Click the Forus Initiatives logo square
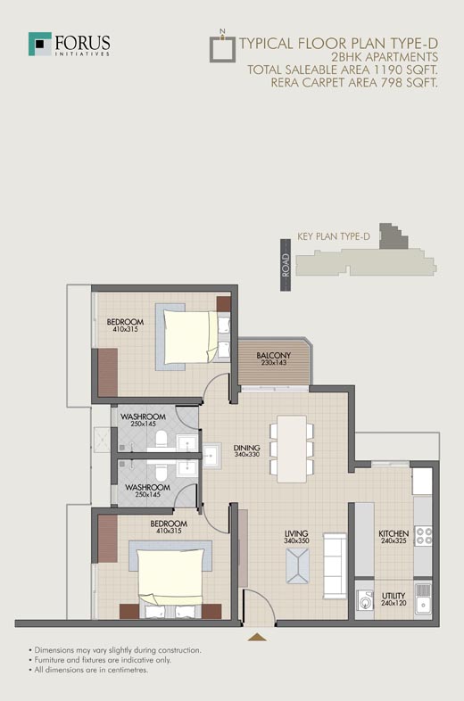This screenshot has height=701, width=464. tap(40, 44)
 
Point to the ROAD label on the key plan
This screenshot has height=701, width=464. tap(286, 265)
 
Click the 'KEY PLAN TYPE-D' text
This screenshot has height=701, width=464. tap(334, 236)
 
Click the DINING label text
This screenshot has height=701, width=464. tap(246, 448)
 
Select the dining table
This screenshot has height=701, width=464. tap(292, 449)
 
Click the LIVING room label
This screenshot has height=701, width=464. tap(296, 533)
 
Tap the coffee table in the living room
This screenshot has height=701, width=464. tap(297, 566)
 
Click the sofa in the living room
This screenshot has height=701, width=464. tap(335, 565)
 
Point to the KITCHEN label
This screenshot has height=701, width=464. tap(394, 533)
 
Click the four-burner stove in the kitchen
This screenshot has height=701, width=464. tap(423, 536)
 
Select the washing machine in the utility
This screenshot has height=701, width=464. tap(366, 600)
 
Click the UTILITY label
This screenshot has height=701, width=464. tap(394, 596)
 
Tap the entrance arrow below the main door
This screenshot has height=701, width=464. tap(257, 637)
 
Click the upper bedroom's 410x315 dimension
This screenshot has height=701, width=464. tap(125, 329)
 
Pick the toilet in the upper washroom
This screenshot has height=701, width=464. tap(161, 440)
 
